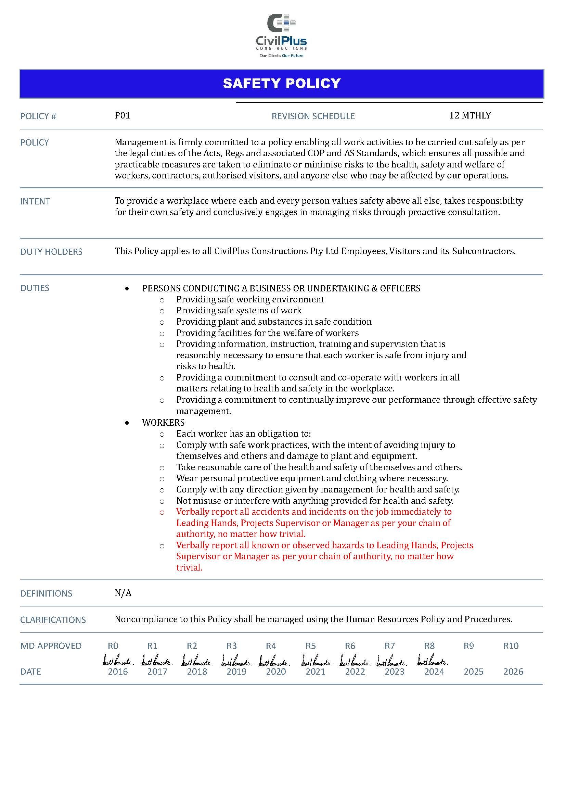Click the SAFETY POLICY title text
click(x=282, y=83)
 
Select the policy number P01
click(x=122, y=115)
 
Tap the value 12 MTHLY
click(x=470, y=115)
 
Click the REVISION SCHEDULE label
click(x=313, y=116)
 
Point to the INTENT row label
click(x=35, y=201)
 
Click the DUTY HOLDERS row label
click(x=51, y=252)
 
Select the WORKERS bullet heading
click(x=163, y=423)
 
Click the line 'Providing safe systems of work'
click(x=239, y=310)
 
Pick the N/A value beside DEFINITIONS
click(x=123, y=593)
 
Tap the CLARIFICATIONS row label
click(x=53, y=619)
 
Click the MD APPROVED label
click(x=51, y=646)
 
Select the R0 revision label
click(x=113, y=646)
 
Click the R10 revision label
click(x=511, y=646)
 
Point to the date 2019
click(x=236, y=672)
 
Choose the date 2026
click(x=513, y=672)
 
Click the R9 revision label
click(x=468, y=646)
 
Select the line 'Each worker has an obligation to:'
click(x=243, y=434)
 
